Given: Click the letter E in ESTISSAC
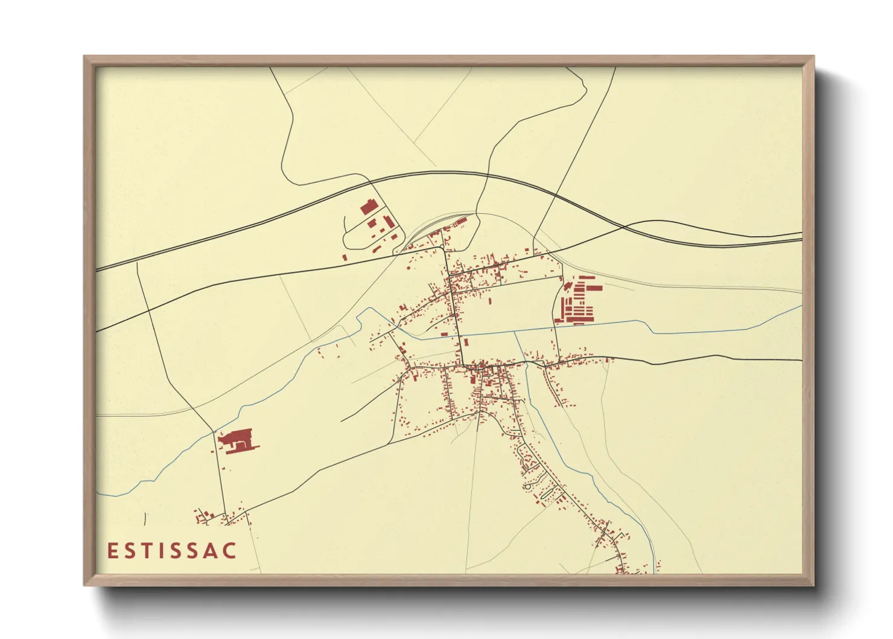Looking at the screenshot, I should [112, 551].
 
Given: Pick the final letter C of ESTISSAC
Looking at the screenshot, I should [230, 551].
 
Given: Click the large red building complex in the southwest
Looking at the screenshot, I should [237, 439].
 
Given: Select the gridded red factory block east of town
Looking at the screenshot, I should [579, 300].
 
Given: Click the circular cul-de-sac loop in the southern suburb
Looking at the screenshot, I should [527, 486].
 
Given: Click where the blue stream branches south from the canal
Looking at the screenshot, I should [515, 332].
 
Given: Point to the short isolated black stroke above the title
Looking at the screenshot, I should [145, 519].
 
